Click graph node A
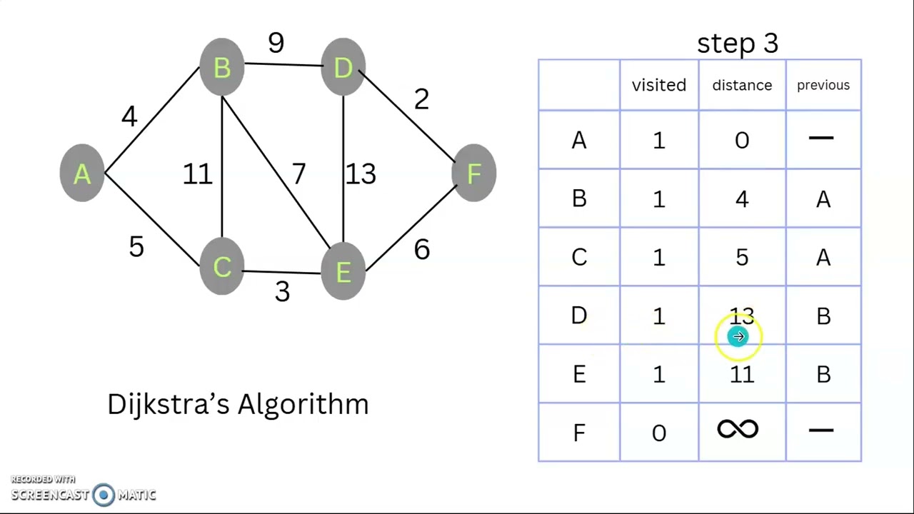click(x=82, y=173)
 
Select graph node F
click(x=474, y=173)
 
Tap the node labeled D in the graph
click(x=343, y=68)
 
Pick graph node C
click(x=222, y=267)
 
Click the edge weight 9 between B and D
click(x=276, y=44)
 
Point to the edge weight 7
click(x=298, y=173)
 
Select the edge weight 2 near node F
click(x=421, y=99)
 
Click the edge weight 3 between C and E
click(x=282, y=291)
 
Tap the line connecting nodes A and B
click(x=151, y=120)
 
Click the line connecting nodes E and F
click(x=411, y=223)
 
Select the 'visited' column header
click(x=658, y=86)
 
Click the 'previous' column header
click(x=823, y=86)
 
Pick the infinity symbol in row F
click(x=738, y=430)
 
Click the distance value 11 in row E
click(x=742, y=375)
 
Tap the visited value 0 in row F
click(x=658, y=433)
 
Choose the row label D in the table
click(x=578, y=316)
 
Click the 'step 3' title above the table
click(x=737, y=44)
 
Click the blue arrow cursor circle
click(x=738, y=336)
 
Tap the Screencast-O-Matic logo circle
click(x=104, y=495)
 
